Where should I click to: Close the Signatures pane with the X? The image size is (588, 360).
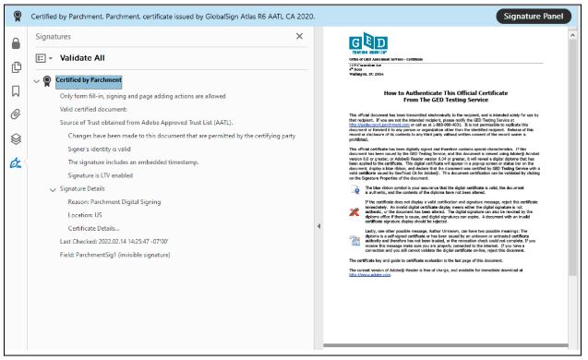[299, 36]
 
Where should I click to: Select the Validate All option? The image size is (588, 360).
[82, 57]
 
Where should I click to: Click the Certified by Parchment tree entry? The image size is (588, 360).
[89, 80]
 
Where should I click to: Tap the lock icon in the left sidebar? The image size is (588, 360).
[15, 43]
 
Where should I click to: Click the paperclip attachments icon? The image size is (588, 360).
[15, 114]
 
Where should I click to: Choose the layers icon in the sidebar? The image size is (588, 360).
[15, 138]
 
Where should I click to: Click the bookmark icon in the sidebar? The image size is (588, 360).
[15, 90]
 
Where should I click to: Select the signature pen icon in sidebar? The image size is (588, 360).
[15, 162]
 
